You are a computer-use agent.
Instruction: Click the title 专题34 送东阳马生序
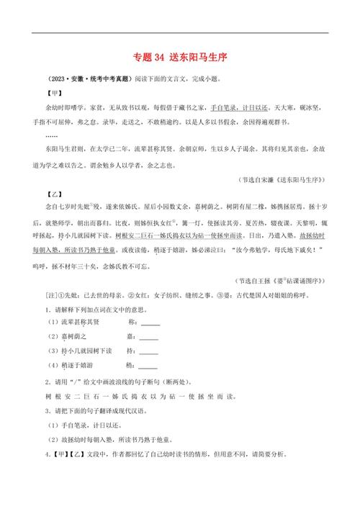pos(180,58)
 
